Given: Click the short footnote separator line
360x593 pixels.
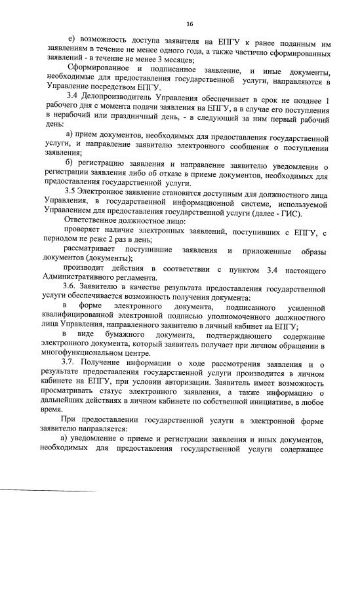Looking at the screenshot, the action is [x=49, y=490].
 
